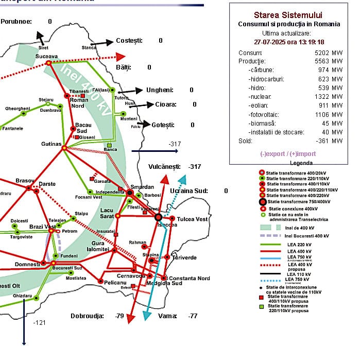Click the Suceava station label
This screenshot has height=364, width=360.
46,56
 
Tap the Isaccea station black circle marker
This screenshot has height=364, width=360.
159,217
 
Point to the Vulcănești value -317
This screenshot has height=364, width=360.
194,167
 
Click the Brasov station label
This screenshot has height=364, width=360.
25,181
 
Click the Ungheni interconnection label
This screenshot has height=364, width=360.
160,90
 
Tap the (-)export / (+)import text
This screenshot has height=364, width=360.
288,153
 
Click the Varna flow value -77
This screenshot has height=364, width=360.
193,316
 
